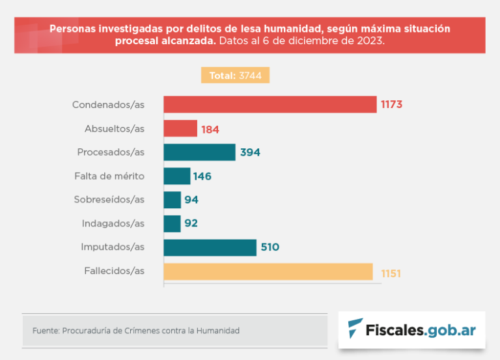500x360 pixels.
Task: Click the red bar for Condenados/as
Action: coord(270,104)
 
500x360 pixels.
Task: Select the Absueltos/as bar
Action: coord(180,128)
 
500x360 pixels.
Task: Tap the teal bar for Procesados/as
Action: coord(199,152)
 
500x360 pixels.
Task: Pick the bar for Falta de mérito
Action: coord(176,176)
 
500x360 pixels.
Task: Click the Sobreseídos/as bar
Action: coord(172,200)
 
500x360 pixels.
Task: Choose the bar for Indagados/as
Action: coord(172,223)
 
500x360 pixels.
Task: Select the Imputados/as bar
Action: coord(210,247)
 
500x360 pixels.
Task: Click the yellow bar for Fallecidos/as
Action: coord(268,271)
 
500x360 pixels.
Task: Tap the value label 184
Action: coord(210,129)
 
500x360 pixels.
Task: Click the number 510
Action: coord(270,247)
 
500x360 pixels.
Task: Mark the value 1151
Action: coord(391,273)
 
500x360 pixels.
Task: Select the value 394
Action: coord(249,152)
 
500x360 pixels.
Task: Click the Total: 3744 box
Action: coord(235,76)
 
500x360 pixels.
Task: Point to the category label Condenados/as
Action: coord(108,104)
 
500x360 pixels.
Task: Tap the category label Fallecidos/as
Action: coord(114,271)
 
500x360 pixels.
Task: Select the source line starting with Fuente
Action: coord(135,331)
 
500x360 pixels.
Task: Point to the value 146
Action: coord(202,176)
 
